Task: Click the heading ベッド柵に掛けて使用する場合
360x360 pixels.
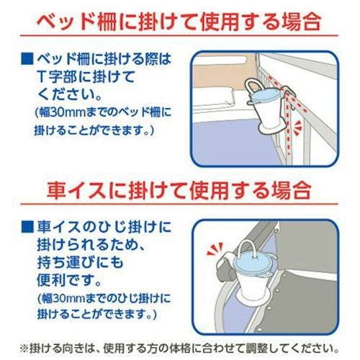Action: click(x=179, y=22)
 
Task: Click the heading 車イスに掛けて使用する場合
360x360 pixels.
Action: click(x=179, y=190)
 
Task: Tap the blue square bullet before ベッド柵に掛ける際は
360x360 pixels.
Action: click(x=27, y=59)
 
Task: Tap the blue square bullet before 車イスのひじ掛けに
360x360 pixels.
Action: click(x=27, y=227)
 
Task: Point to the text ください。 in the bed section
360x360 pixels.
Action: click(x=69, y=96)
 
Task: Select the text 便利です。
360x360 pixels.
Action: click(x=69, y=280)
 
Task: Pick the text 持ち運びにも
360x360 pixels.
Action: click(x=81, y=262)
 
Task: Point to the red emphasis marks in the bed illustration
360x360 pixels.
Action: click(x=298, y=127)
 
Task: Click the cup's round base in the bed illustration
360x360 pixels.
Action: click(x=273, y=128)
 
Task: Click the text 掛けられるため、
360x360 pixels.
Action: click(x=91, y=245)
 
